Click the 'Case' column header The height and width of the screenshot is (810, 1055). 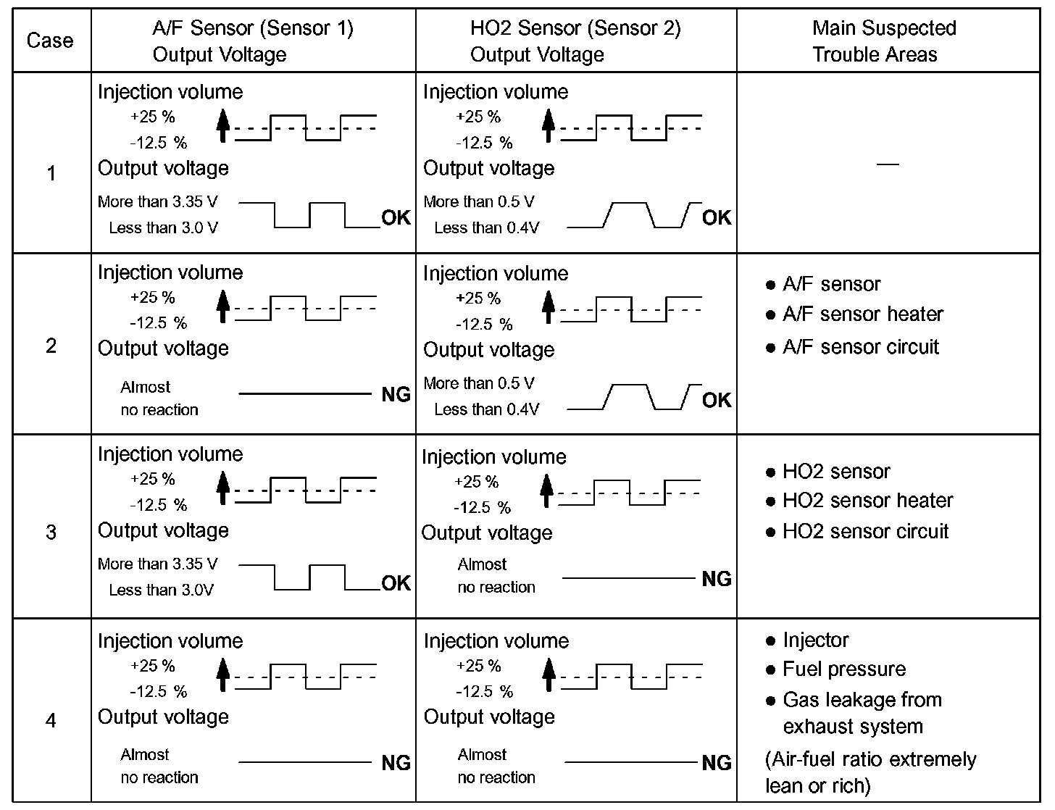pos(50,41)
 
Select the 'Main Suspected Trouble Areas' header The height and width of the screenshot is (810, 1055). pos(884,41)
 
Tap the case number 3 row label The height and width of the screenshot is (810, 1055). pos(51,533)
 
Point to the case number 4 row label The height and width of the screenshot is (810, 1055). pos(51,721)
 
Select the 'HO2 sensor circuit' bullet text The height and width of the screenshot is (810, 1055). pos(865,532)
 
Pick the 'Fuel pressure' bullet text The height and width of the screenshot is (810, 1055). pos(844,669)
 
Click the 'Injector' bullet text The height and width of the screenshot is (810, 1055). pos(816,640)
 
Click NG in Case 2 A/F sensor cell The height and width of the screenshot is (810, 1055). pos(396,395)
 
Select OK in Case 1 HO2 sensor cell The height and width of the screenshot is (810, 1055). pos(717,218)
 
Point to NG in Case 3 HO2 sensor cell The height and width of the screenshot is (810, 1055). pos(717,579)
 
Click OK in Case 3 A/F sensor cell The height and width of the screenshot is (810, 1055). pos(396,583)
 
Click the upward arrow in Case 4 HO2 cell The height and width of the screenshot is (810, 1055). pos(549,674)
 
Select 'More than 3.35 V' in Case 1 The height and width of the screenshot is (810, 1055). pos(157,201)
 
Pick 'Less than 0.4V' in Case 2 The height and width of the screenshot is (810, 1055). pos(487,410)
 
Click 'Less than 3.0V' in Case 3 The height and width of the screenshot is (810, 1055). pos(162,590)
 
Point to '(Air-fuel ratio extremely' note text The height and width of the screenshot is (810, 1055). pos(871,759)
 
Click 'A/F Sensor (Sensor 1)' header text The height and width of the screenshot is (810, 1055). pos(253,28)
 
